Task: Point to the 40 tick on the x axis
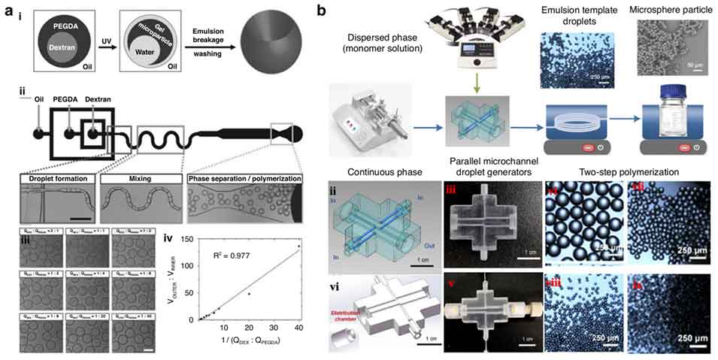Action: click(298, 332)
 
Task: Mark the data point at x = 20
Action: click(249, 293)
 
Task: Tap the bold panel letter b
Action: click(321, 11)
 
